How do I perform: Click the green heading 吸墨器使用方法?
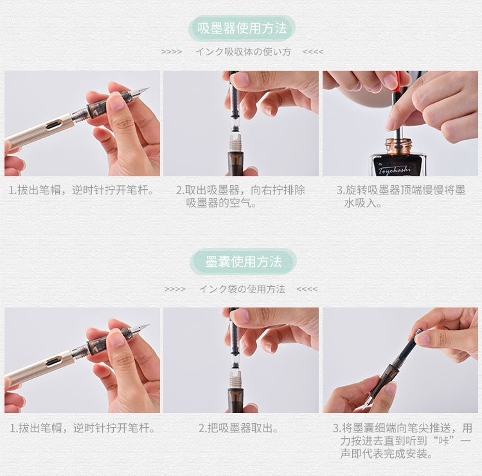242,28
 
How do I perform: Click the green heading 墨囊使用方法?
243,262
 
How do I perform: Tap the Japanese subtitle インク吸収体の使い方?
243,51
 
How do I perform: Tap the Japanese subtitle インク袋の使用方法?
242,289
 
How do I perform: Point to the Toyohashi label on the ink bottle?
395,170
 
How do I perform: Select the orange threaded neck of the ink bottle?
398,147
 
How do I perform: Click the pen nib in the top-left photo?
141,92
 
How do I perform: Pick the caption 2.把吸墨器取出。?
238,428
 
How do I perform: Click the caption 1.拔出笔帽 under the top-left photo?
81,190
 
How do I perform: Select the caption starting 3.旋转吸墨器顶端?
401,196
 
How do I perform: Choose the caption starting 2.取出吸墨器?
240,196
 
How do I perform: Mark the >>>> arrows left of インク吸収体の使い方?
172,52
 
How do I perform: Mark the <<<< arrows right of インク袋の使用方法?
307,289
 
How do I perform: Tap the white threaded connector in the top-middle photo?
235,143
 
